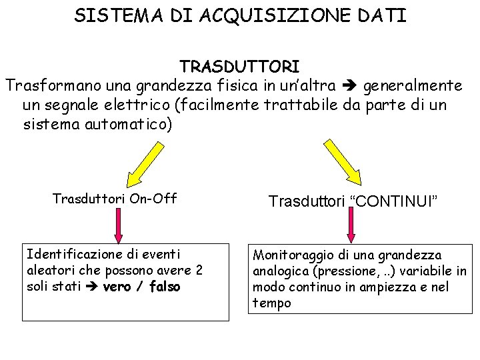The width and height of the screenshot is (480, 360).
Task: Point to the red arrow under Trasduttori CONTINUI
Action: click(x=351, y=227)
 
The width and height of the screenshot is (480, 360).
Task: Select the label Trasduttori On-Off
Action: click(x=114, y=198)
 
